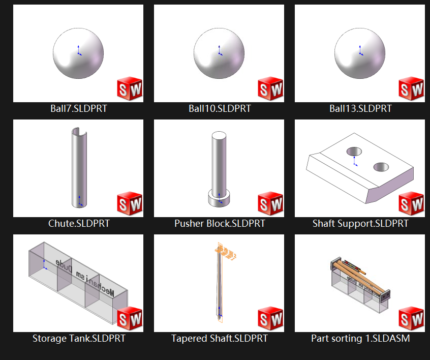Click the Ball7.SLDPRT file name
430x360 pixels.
[x=79, y=108]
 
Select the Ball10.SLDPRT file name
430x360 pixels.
[x=220, y=108]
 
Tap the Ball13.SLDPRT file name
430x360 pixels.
[x=360, y=108]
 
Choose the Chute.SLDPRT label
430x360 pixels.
[x=79, y=223]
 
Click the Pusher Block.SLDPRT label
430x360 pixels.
[x=220, y=223]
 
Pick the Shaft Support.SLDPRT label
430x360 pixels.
[x=360, y=223]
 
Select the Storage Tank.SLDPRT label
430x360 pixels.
[x=79, y=338]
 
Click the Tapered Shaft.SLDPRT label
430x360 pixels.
[x=220, y=338]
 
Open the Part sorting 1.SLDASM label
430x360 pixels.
[x=360, y=338]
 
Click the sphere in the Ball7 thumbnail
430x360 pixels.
[x=78, y=53]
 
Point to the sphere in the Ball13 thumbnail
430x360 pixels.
[x=360, y=53]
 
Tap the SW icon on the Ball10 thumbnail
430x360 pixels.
[x=270, y=89]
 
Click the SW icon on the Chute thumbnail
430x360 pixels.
[x=130, y=204]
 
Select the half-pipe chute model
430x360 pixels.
[x=79, y=168]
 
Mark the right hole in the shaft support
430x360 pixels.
[x=381, y=167]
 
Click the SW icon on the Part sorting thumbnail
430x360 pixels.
[x=411, y=319]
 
